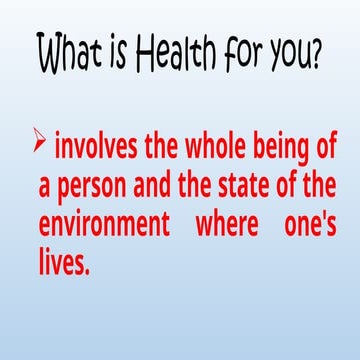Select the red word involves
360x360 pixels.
(x=96, y=149)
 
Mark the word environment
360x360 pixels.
(x=105, y=223)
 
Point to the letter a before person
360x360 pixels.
(x=45, y=187)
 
